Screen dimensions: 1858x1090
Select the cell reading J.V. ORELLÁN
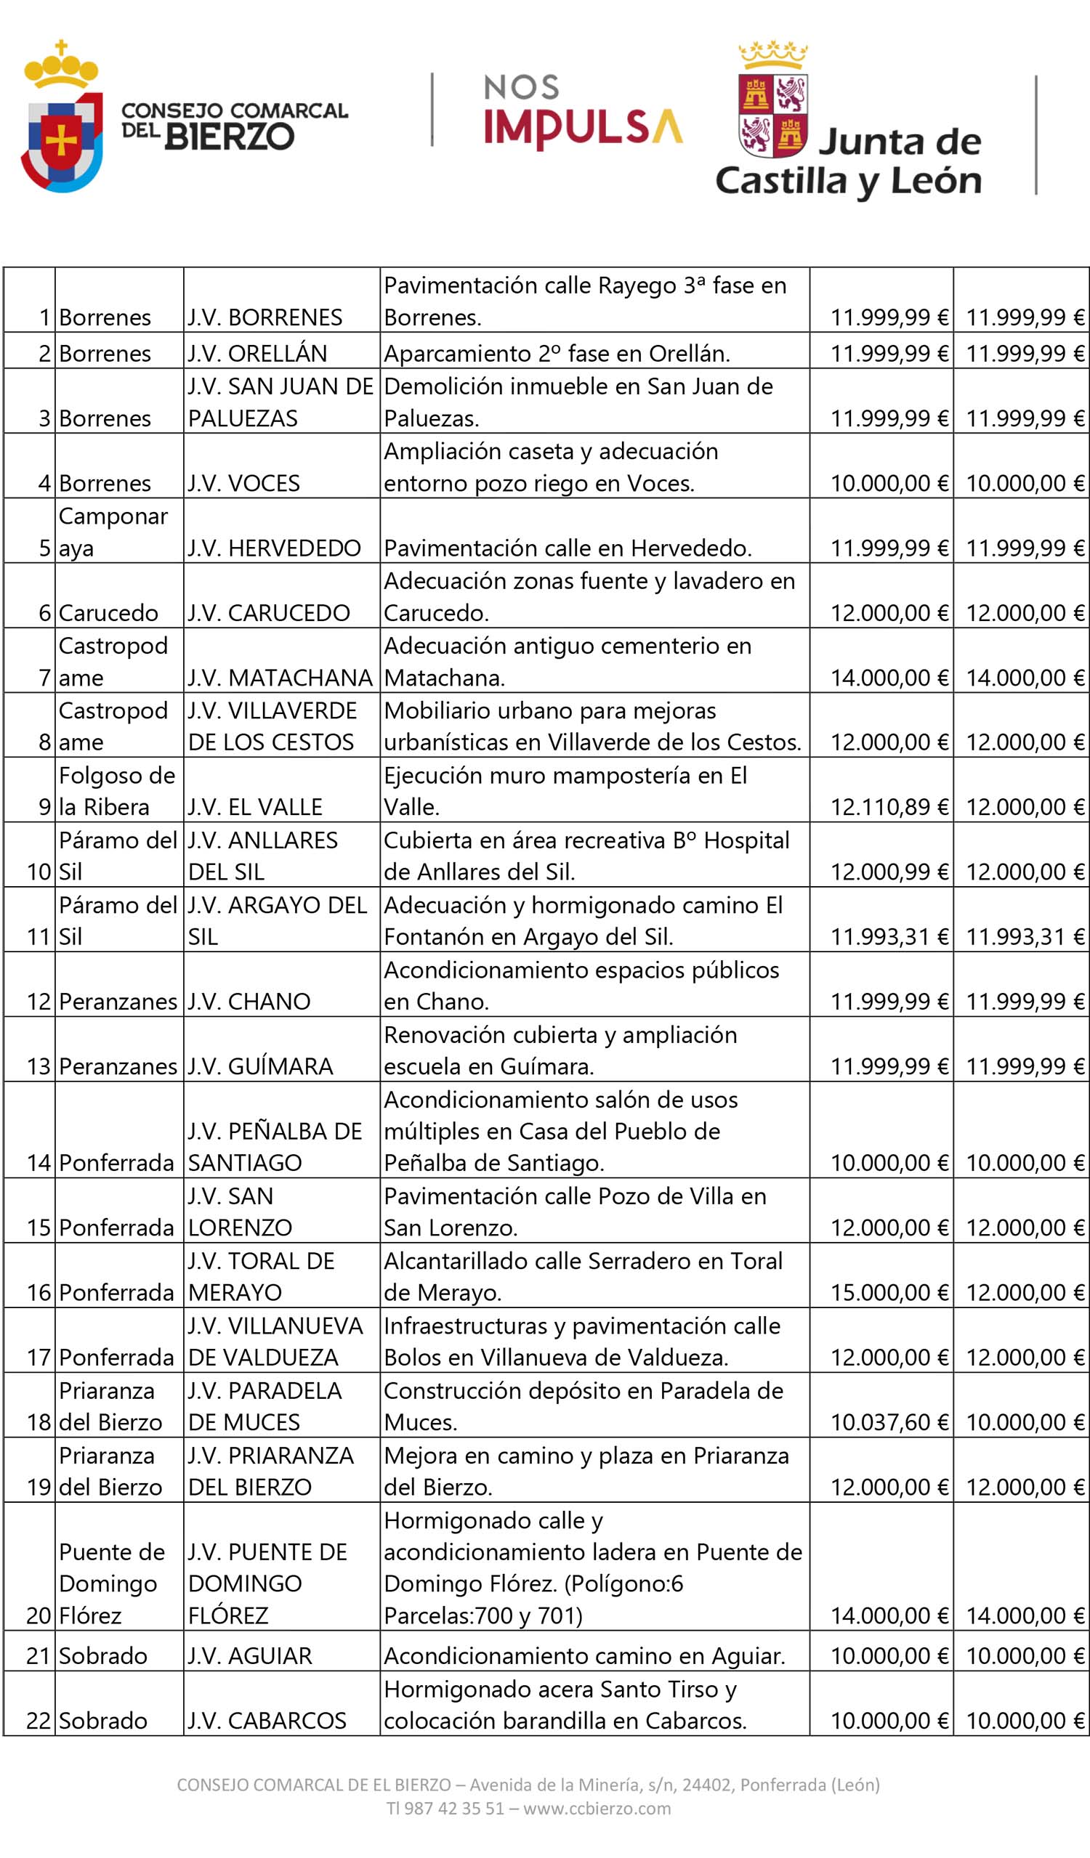(257, 354)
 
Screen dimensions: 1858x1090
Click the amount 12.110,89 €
(889, 806)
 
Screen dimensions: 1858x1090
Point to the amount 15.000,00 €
(889, 1291)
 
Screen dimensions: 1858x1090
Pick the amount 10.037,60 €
(889, 1421)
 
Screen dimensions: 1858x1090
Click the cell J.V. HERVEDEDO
(274, 548)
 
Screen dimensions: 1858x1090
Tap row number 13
(39, 1066)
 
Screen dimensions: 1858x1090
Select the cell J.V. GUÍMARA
(260, 1066)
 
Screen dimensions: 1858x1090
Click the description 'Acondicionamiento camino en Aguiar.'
(584, 1656)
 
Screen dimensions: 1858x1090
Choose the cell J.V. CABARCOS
(267, 1721)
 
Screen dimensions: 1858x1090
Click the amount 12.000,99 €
(889, 872)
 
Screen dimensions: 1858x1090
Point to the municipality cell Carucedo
(108, 613)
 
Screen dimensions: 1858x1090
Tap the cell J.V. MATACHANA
(280, 678)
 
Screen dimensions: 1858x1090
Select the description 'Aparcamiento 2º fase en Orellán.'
(557, 354)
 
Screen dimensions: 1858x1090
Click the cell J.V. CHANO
(249, 1001)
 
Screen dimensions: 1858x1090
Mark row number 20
(39, 1615)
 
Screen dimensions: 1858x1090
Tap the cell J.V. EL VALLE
(255, 806)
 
